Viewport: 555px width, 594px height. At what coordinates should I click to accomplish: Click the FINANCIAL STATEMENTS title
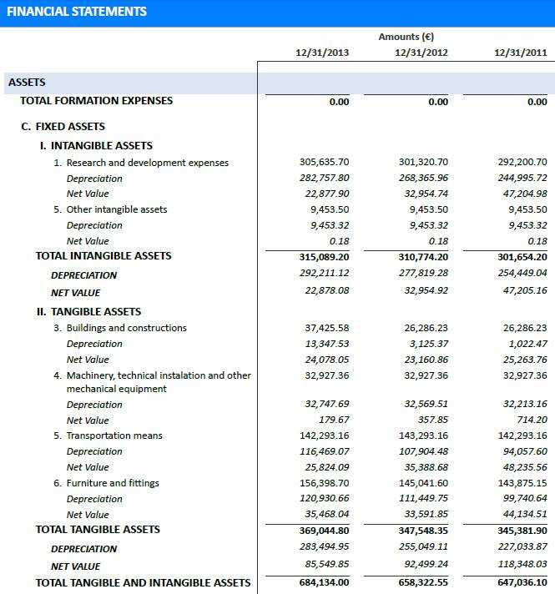click(x=77, y=12)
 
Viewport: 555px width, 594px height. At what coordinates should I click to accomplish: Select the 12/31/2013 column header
click(x=322, y=53)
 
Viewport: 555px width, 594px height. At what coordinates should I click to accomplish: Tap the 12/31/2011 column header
click(x=520, y=53)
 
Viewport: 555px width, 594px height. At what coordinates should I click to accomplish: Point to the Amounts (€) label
click(x=406, y=37)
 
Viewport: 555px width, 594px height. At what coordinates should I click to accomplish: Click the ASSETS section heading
click(x=27, y=83)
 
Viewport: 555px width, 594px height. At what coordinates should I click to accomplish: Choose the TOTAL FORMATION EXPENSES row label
click(x=96, y=101)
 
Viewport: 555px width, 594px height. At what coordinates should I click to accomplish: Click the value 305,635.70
click(x=324, y=163)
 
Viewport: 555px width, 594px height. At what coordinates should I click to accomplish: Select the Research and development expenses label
click(x=147, y=163)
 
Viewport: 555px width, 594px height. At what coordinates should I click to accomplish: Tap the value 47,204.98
click(x=522, y=194)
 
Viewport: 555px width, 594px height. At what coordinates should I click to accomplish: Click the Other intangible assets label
click(x=117, y=209)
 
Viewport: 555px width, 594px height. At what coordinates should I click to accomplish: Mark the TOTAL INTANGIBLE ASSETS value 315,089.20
click(x=324, y=256)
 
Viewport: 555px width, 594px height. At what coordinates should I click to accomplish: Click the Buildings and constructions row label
click(x=126, y=328)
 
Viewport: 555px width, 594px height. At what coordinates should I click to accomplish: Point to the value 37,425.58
click(x=326, y=328)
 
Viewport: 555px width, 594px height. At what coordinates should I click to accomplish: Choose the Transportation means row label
click(x=114, y=435)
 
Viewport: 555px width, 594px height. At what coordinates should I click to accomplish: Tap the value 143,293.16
click(x=425, y=435)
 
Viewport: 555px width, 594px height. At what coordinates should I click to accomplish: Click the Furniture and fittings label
click(x=113, y=483)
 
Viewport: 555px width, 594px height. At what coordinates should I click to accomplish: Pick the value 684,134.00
click(x=324, y=582)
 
